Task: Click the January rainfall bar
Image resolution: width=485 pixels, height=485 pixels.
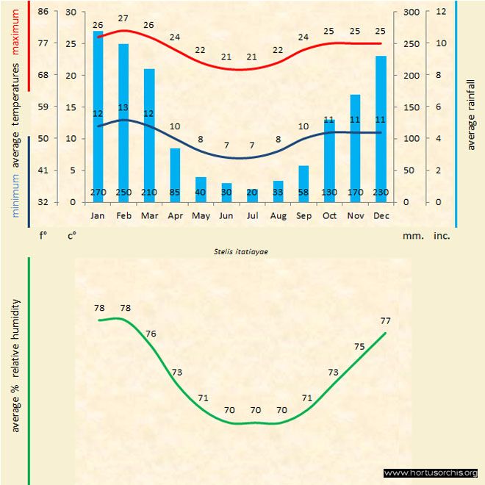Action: pyautogui.click(x=98, y=110)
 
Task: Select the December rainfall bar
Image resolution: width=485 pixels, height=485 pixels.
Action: pyautogui.click(x=381, y=125)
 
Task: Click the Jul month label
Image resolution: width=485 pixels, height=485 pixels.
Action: pyautogui.click(x=252, y=216)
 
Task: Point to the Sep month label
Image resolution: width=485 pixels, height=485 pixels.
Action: pyautogui.click(x=303, y=216)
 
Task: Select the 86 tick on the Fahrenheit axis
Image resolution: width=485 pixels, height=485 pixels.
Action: pyautogui.click(x=43, y=12)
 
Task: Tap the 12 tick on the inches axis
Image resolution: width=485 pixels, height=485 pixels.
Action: pyautogui.click(x=441, y=12)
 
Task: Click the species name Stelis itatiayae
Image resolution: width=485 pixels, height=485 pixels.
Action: pyautogui.click(x=242, y=251)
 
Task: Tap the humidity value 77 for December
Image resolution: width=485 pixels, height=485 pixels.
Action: pyautogui.click(x=386, y=321)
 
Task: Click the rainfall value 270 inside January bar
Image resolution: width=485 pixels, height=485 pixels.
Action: pyautogui.click(x=98, y=193)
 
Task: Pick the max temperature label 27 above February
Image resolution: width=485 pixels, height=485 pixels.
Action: pyautogui.click(x=123, y=18)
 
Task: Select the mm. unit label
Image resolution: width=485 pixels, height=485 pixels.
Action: pyautogui.click(x=412, y=236)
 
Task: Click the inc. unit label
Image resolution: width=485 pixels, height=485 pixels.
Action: pyautogui.click(x=441, y=236)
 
